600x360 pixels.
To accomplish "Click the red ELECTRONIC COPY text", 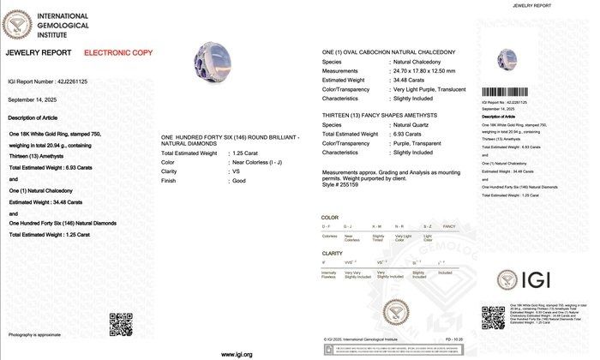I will coord(117,53).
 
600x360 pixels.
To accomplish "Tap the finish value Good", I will coord(239,179).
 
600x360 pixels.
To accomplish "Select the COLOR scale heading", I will coord(330,219).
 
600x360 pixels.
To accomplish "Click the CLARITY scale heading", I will coord(332,254).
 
